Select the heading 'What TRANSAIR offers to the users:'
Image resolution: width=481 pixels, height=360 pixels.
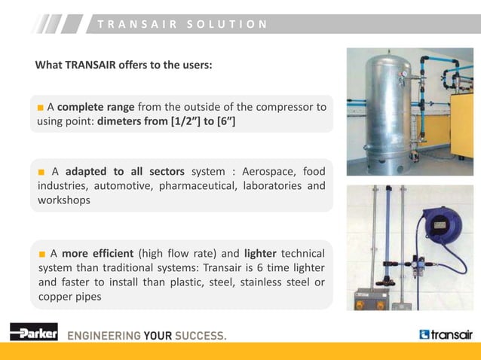coord(124,65)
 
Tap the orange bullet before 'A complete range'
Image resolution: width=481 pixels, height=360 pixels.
coord(41,107)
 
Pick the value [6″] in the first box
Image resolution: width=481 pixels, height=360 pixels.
coord(224,121)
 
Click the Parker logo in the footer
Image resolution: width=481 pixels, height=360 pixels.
coord(33,332)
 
